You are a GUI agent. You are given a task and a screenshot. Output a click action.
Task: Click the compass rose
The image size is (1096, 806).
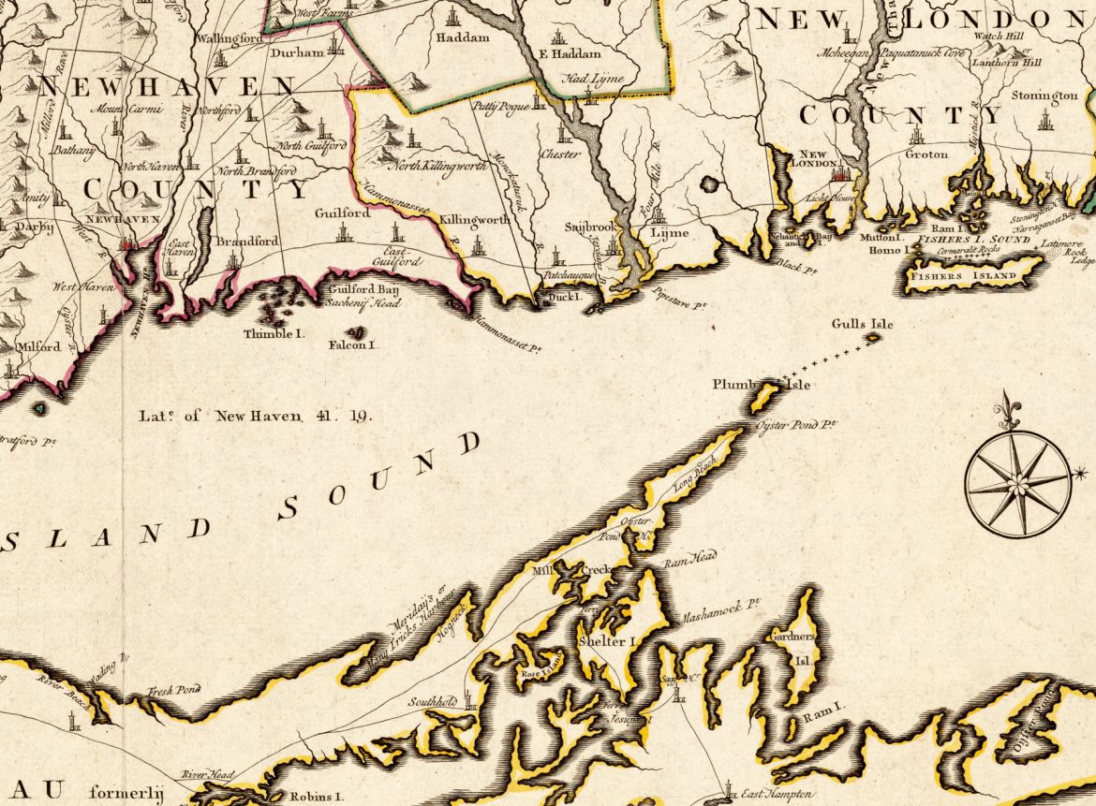[1017, 484]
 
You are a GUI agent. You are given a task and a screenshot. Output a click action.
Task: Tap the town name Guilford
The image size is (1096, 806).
[342, 213]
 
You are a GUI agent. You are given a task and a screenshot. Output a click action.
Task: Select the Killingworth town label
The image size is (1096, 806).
[474, 219]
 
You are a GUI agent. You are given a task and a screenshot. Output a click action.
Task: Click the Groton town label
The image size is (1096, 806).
[926, 154]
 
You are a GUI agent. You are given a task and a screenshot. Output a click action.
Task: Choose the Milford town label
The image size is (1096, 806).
[37, 346]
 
